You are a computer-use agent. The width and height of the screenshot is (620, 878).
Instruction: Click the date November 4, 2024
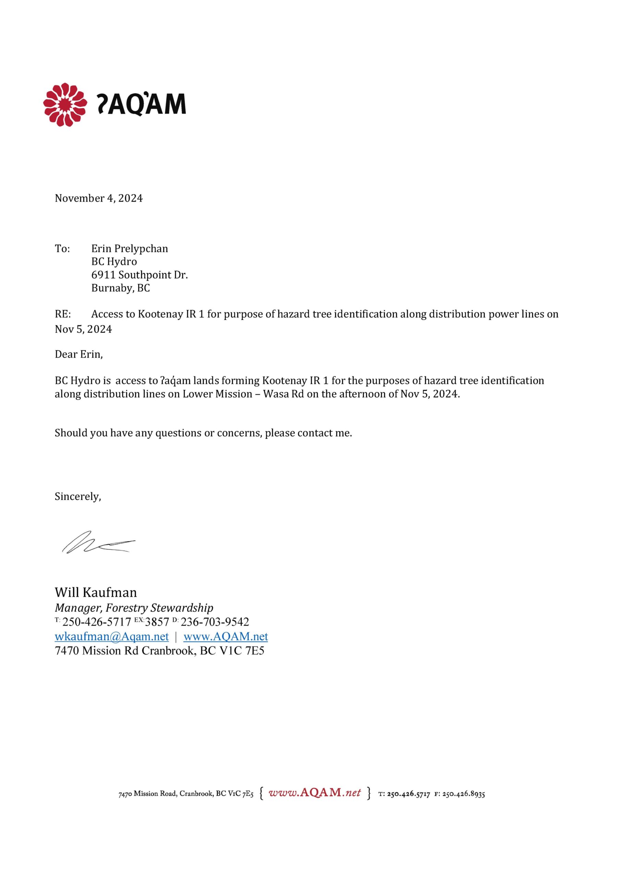click(x=99, y=198)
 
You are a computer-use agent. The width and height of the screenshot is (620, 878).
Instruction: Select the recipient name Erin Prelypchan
click(x=130, y=249)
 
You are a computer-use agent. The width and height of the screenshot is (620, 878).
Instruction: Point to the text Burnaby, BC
click(x=120, y=288)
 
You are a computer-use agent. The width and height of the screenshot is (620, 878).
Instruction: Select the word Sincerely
click(x=77, y=496)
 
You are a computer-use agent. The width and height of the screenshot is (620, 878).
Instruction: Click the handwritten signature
click(x=99, y=543)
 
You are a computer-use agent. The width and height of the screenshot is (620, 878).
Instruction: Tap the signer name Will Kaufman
click(x=96, y=592)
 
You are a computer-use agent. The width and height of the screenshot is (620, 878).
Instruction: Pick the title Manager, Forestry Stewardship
click(x=134, y=608)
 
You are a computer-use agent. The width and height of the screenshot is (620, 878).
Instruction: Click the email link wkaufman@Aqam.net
click(x=112, y=636)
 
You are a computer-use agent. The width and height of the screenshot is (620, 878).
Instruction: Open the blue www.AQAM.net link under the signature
click(x=226, y=636)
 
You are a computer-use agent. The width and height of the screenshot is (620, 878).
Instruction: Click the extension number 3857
click(x=157, y=622)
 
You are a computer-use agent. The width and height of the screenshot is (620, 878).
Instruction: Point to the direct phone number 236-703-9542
click(x=215, y=622)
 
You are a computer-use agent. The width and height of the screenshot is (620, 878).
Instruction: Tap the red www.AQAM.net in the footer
click(x=315, y=793)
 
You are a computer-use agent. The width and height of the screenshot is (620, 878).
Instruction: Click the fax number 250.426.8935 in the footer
click(x=463, y=794)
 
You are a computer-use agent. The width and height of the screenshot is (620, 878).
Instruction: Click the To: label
click(x=62, y=249)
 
